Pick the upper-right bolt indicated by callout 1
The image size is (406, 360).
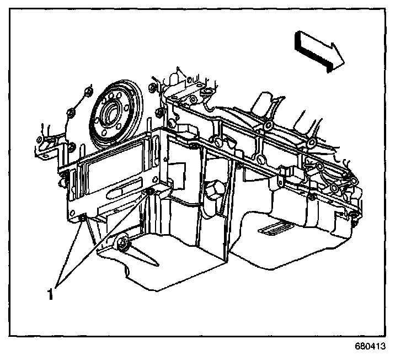149,191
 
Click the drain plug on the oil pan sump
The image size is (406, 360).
123,243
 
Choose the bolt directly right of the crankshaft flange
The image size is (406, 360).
159,113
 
